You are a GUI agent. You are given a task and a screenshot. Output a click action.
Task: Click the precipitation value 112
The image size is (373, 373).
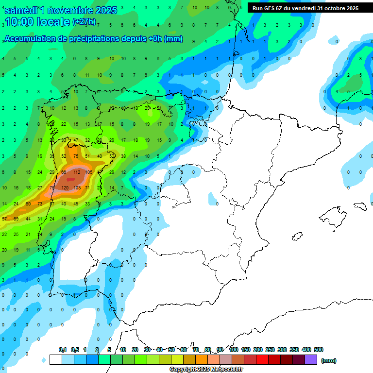[x=77, y=172]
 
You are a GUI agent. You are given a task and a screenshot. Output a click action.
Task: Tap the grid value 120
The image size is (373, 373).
[x=65, y=187]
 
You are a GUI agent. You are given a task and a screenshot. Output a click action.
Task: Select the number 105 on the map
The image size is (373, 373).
[x=88, y=172]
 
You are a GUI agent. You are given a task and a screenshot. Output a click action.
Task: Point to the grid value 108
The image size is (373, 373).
[x=77, y=187]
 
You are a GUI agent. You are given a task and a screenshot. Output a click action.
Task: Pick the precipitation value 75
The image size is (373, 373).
[x=76, y=156]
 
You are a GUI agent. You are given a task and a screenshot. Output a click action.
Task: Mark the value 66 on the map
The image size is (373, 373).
[x=64, y=172]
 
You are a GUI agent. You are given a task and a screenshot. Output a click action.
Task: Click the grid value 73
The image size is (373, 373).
[x=40, y=203]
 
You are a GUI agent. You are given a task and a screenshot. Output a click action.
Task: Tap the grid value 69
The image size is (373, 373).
[x=16, y=219]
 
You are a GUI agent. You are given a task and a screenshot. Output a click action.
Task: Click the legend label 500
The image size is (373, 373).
[x=319, y=350]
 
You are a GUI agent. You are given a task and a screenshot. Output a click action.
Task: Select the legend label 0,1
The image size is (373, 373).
[x=62, y=350]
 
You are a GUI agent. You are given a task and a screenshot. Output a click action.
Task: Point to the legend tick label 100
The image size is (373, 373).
[x=233, y=350]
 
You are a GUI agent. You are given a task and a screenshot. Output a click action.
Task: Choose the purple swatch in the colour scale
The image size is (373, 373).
[x=311, y=359]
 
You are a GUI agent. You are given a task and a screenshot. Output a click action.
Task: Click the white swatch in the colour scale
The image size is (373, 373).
[x=55, y=359]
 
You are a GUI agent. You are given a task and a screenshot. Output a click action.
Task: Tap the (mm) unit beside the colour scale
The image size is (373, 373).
[x=329, y=360]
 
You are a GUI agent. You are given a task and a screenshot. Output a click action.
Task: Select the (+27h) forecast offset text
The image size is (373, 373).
[x=84, y=22]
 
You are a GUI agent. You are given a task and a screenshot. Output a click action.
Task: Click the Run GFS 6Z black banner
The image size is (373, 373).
[x=305, y=8]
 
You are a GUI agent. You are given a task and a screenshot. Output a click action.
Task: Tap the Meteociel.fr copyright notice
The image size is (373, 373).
[x=206, y=370]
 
